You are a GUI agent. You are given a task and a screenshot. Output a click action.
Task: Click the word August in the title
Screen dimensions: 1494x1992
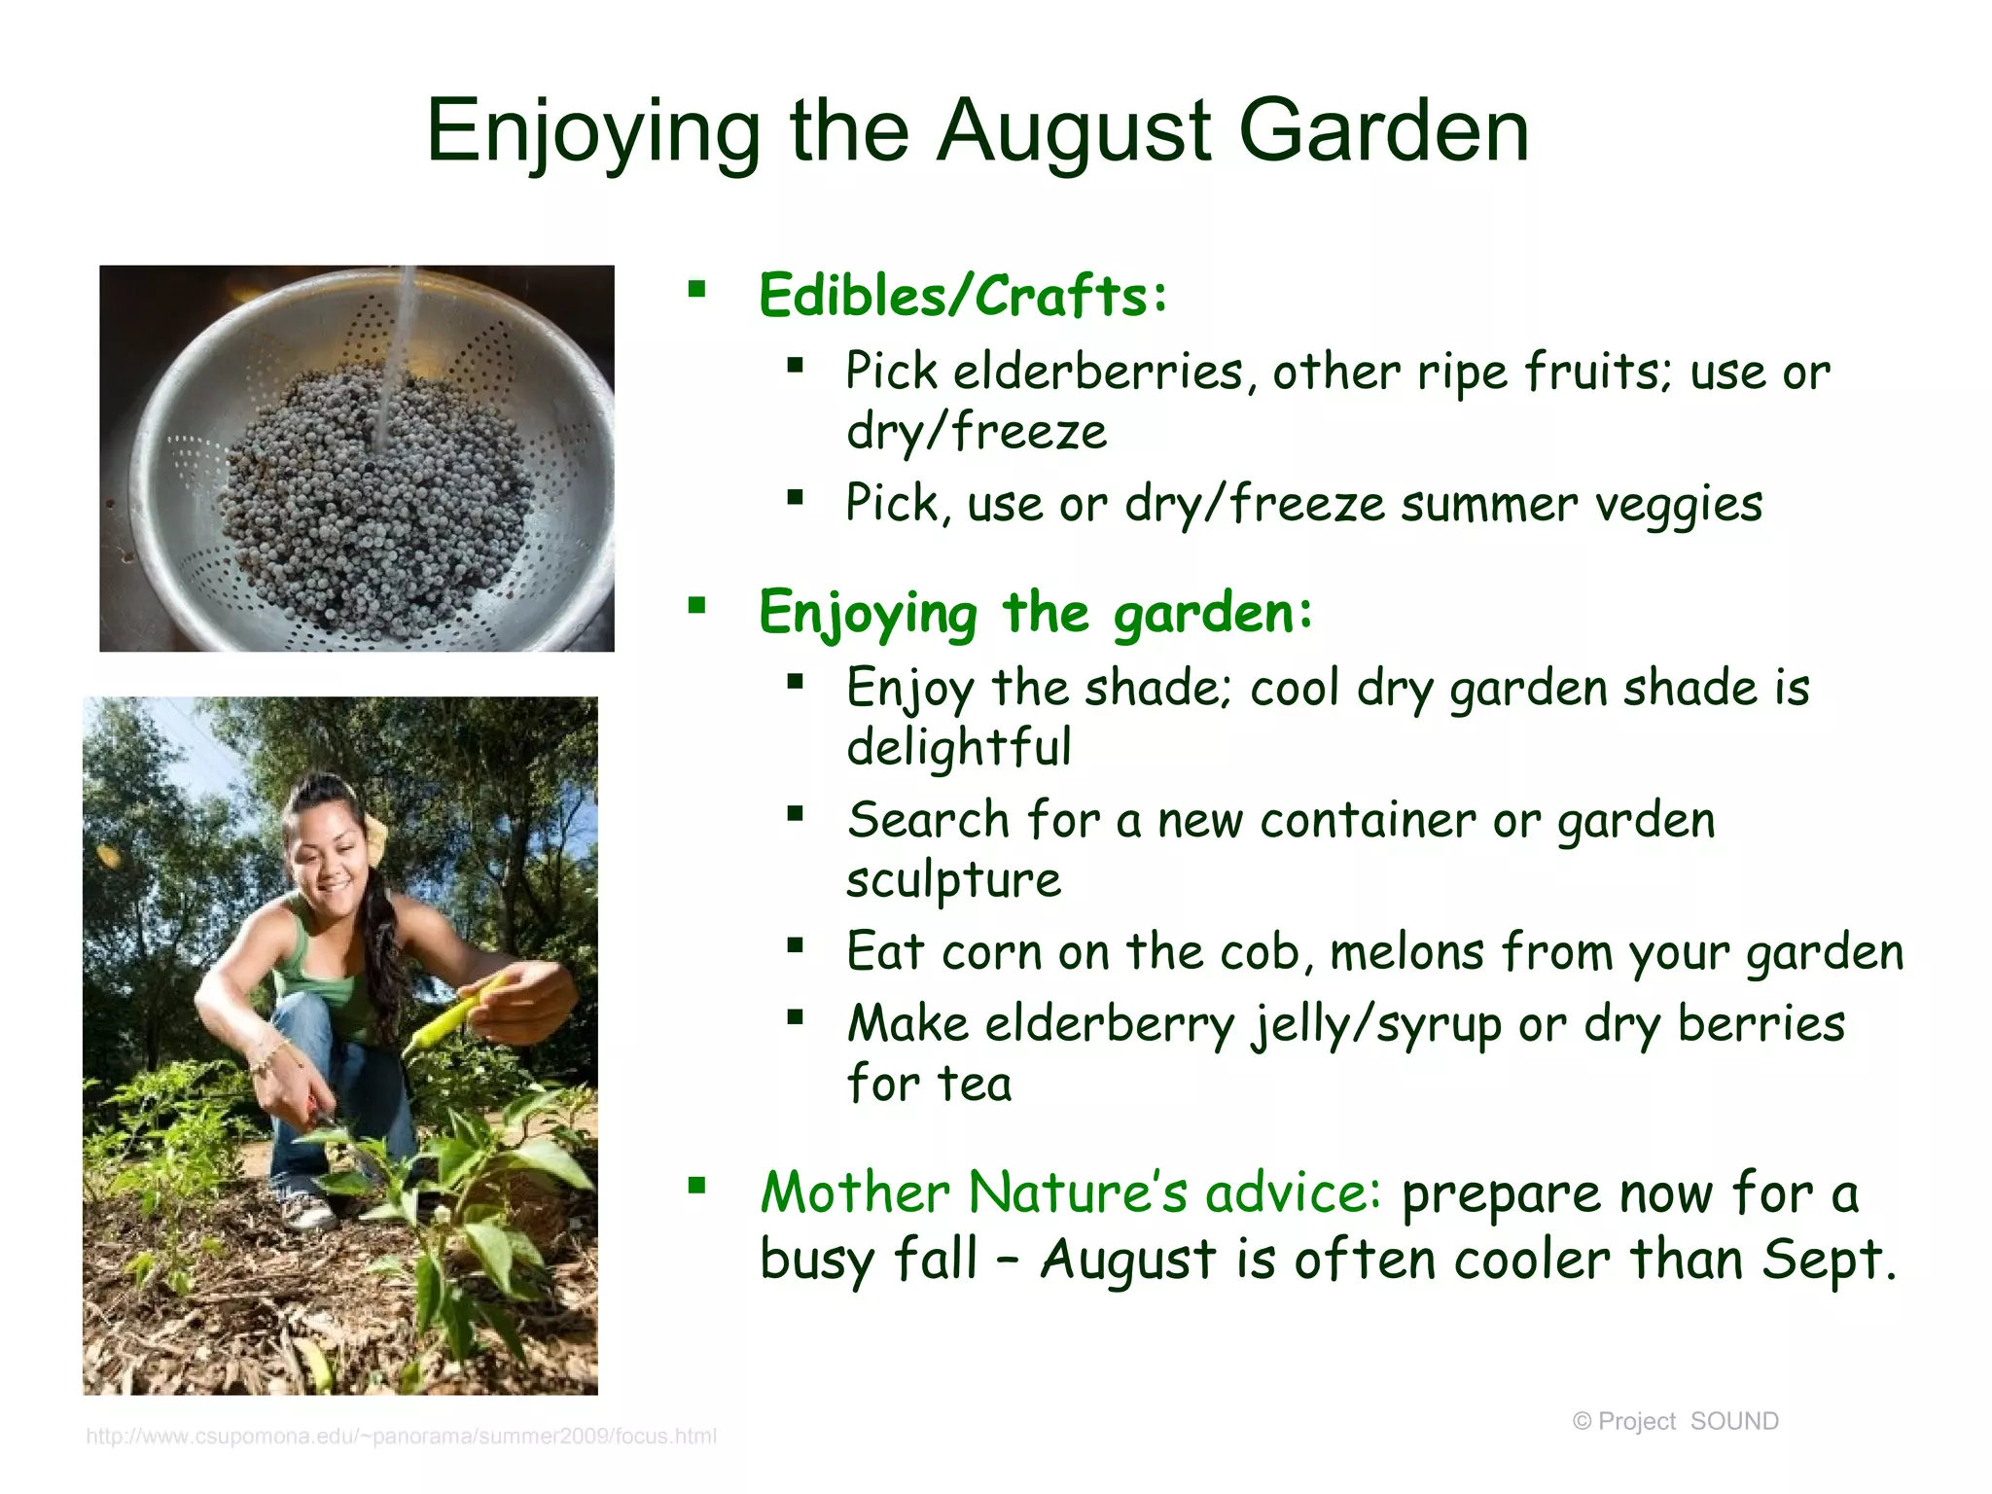pyautogui.click(x=1074, y=132)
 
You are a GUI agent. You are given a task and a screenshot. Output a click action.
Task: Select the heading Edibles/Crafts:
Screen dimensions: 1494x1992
pyautogui.click(x=962, y=296)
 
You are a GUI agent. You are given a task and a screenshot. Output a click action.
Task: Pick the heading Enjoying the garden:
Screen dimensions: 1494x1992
pyautogui.click(x=1035, y=614)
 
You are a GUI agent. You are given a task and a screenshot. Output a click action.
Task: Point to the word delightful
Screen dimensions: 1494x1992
pyautogui.click(x=958, y=748)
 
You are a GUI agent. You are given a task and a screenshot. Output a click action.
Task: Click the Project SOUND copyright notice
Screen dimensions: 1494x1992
pyautogui.click(x=1675, y=1421)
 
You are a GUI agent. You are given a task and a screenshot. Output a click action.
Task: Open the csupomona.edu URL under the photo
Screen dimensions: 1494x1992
pyautogui.click(x=401, y=1436)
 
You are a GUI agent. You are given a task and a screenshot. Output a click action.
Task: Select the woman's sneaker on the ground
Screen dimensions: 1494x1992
pyautogui.click(x=307, y=1209)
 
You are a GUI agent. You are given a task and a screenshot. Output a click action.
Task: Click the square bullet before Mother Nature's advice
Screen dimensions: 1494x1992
pyautogui.click(x=696, y=1186)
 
